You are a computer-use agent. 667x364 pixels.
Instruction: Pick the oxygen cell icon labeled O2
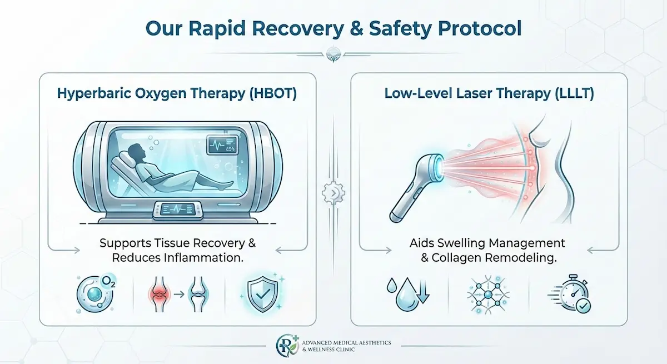(92, 292)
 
